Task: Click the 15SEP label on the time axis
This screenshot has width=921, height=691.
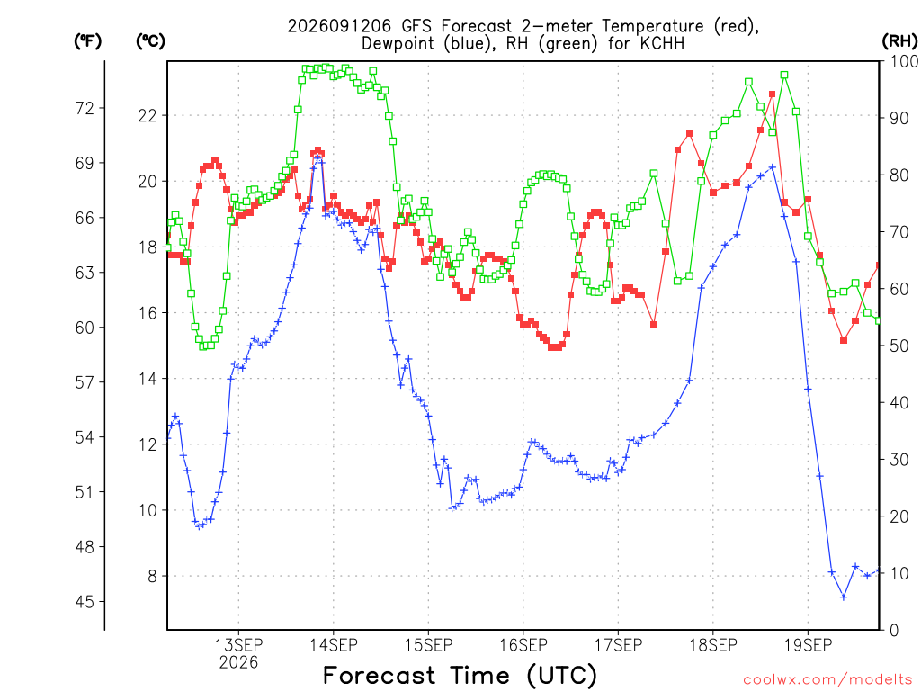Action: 428,644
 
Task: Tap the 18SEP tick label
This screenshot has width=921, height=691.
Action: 713,644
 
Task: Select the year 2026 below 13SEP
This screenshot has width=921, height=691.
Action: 238,662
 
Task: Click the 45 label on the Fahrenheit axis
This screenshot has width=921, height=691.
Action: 85,602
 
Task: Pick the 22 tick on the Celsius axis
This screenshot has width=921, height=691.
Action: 148,115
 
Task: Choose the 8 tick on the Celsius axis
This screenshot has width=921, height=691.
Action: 152,576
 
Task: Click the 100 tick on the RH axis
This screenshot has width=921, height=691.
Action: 905,61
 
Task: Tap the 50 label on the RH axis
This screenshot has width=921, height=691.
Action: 899,345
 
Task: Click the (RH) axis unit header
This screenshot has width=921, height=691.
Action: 899,40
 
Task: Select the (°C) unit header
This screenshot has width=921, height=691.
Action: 150,40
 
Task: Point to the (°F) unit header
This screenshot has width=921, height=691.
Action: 87,40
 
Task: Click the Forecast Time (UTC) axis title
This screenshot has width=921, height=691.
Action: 460,675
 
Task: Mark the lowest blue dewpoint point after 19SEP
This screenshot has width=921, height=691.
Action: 844,597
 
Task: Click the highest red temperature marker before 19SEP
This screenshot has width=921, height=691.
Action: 773,94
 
